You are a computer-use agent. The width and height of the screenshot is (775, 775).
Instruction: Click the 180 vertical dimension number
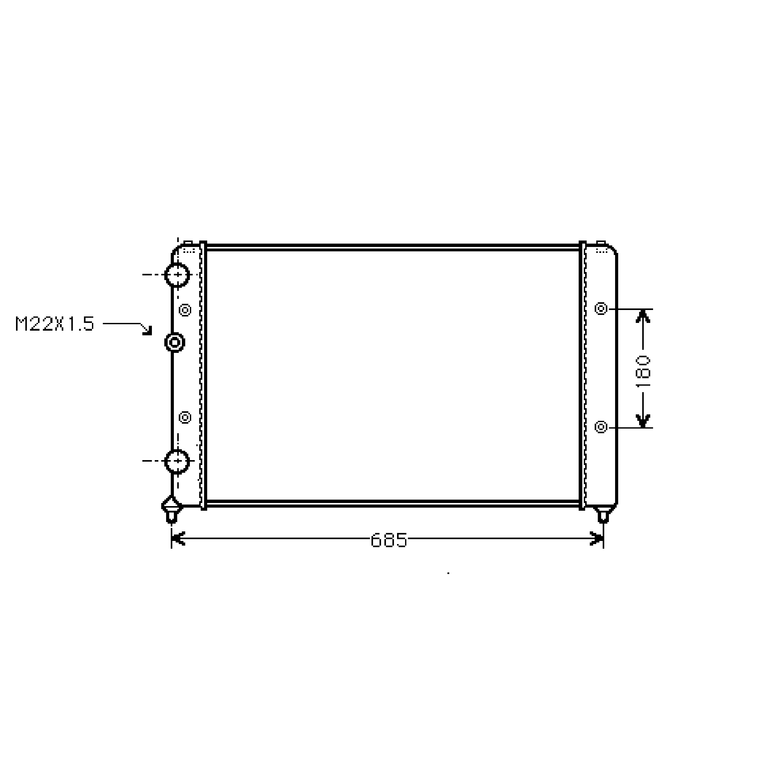point(643,371)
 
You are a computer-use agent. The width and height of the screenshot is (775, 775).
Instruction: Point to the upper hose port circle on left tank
point(177,275)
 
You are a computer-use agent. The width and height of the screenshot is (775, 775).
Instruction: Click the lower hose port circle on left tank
point(177,461)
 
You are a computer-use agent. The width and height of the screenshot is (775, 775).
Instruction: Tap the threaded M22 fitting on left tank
point(174,342)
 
